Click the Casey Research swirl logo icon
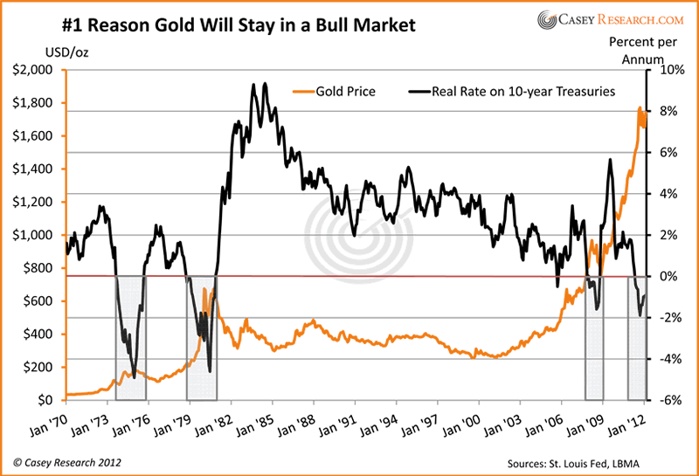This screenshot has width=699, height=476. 548,21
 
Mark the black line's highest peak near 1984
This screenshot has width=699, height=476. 253,85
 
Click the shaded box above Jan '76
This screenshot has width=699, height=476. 130,337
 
